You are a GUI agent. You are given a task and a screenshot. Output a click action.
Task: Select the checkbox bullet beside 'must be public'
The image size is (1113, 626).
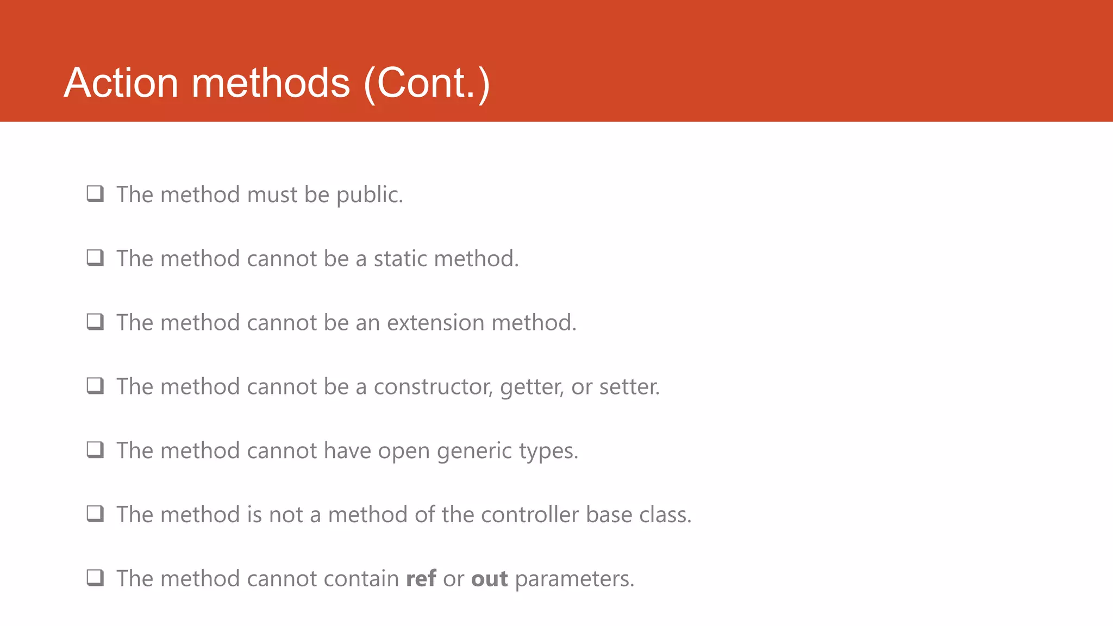coord(95,194)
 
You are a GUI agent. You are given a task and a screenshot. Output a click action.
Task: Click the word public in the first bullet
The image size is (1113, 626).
coord(370,195)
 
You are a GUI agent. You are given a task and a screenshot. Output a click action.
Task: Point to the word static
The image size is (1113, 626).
coord(401,259)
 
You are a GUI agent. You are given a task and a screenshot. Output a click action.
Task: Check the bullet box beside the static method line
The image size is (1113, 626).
coord(95,258)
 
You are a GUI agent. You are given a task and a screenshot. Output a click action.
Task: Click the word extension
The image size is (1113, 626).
coord(435,323)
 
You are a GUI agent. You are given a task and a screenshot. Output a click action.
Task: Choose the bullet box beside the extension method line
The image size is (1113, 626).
coord(95,322)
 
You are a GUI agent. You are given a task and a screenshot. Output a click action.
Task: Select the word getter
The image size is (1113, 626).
coord(532,387)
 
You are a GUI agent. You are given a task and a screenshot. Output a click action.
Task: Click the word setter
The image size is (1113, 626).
coord(629,387)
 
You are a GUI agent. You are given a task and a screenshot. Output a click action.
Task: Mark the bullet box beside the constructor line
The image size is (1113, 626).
coord(95,386)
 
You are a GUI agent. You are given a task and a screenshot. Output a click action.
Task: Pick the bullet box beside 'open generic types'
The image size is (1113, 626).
coord(95,450)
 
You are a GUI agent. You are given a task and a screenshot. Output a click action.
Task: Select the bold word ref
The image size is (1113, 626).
coord(421,579)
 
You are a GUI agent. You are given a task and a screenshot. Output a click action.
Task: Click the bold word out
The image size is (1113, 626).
coord(489,579)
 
